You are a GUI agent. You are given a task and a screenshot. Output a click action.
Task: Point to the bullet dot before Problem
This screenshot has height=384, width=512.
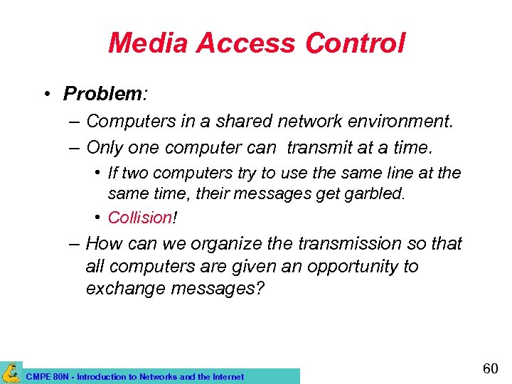point(45,94)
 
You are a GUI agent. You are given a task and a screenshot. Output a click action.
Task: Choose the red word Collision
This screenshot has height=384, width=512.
point(139,217)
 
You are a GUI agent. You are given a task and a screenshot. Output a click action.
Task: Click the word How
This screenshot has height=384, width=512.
point(104,244)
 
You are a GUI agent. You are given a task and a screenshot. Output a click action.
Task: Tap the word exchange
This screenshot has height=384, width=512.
point(123,289)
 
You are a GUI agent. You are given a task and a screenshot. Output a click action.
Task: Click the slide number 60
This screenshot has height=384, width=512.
point(490,368)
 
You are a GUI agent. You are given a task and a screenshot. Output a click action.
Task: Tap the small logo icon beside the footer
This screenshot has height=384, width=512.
point(11,373)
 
